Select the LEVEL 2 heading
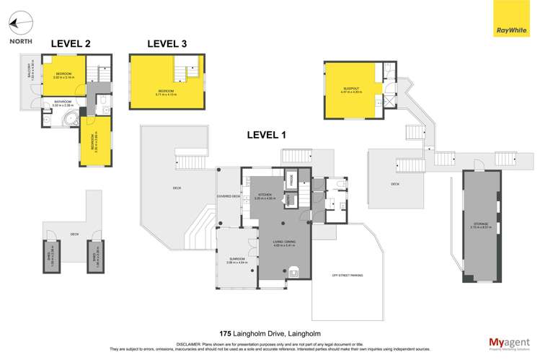(71, 44)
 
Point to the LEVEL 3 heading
(167, 44)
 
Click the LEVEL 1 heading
(267, 134)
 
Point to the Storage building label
(482, 225)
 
